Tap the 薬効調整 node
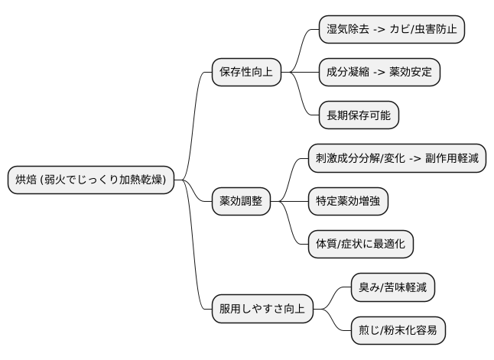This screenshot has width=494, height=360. [x=241, y=201]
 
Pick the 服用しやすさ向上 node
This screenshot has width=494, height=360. [x=262, y=309]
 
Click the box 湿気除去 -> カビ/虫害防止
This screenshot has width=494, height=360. [x=392, y=30]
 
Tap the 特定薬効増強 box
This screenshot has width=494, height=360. [x=348, y=201]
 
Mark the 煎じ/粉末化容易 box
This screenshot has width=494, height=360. [x=397, y=330]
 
